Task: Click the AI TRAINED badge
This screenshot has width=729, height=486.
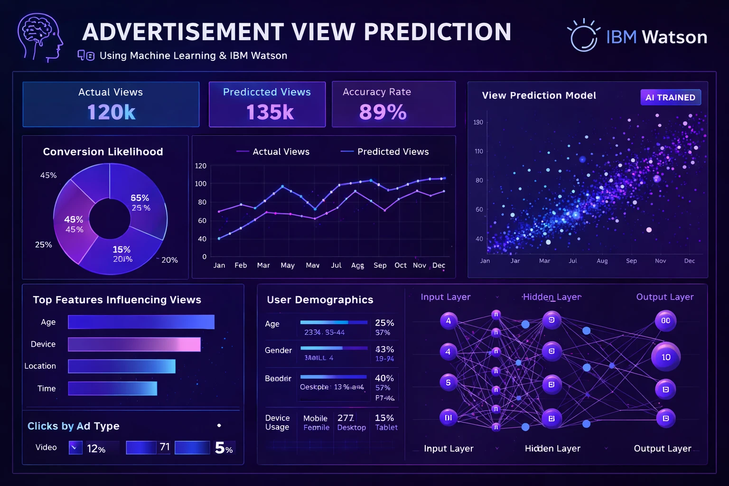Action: (670, 97)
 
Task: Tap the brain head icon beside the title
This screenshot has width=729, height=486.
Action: (40, 37)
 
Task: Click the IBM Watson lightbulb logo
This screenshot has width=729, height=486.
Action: (583, 36)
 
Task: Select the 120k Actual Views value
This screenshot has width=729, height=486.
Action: (112, 112)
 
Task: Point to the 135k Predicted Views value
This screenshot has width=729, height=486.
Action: (270, 112)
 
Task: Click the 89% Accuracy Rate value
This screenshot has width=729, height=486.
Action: (383, 112)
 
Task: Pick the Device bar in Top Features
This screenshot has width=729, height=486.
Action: (134, 344)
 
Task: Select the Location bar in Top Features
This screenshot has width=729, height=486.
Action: (121, 366)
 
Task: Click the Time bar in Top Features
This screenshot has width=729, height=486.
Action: (112, 388)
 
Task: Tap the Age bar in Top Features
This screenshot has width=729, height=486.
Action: (141, 322)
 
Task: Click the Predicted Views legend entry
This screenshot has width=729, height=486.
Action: (384, 151)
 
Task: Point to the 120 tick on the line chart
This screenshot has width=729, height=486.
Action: (201, 166)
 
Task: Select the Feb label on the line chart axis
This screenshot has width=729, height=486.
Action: (241, 265)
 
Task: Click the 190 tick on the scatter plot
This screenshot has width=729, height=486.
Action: (478, 122)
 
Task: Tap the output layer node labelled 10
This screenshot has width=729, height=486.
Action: (666, 357)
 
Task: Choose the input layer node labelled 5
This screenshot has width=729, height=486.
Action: (448, 383)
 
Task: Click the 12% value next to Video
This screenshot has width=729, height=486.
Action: (96, 449)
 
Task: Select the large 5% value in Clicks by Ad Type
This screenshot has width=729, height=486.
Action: (224, 448)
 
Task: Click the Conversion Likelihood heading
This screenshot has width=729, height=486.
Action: (103, 151)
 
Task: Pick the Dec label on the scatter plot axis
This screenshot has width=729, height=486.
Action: (689, 261)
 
